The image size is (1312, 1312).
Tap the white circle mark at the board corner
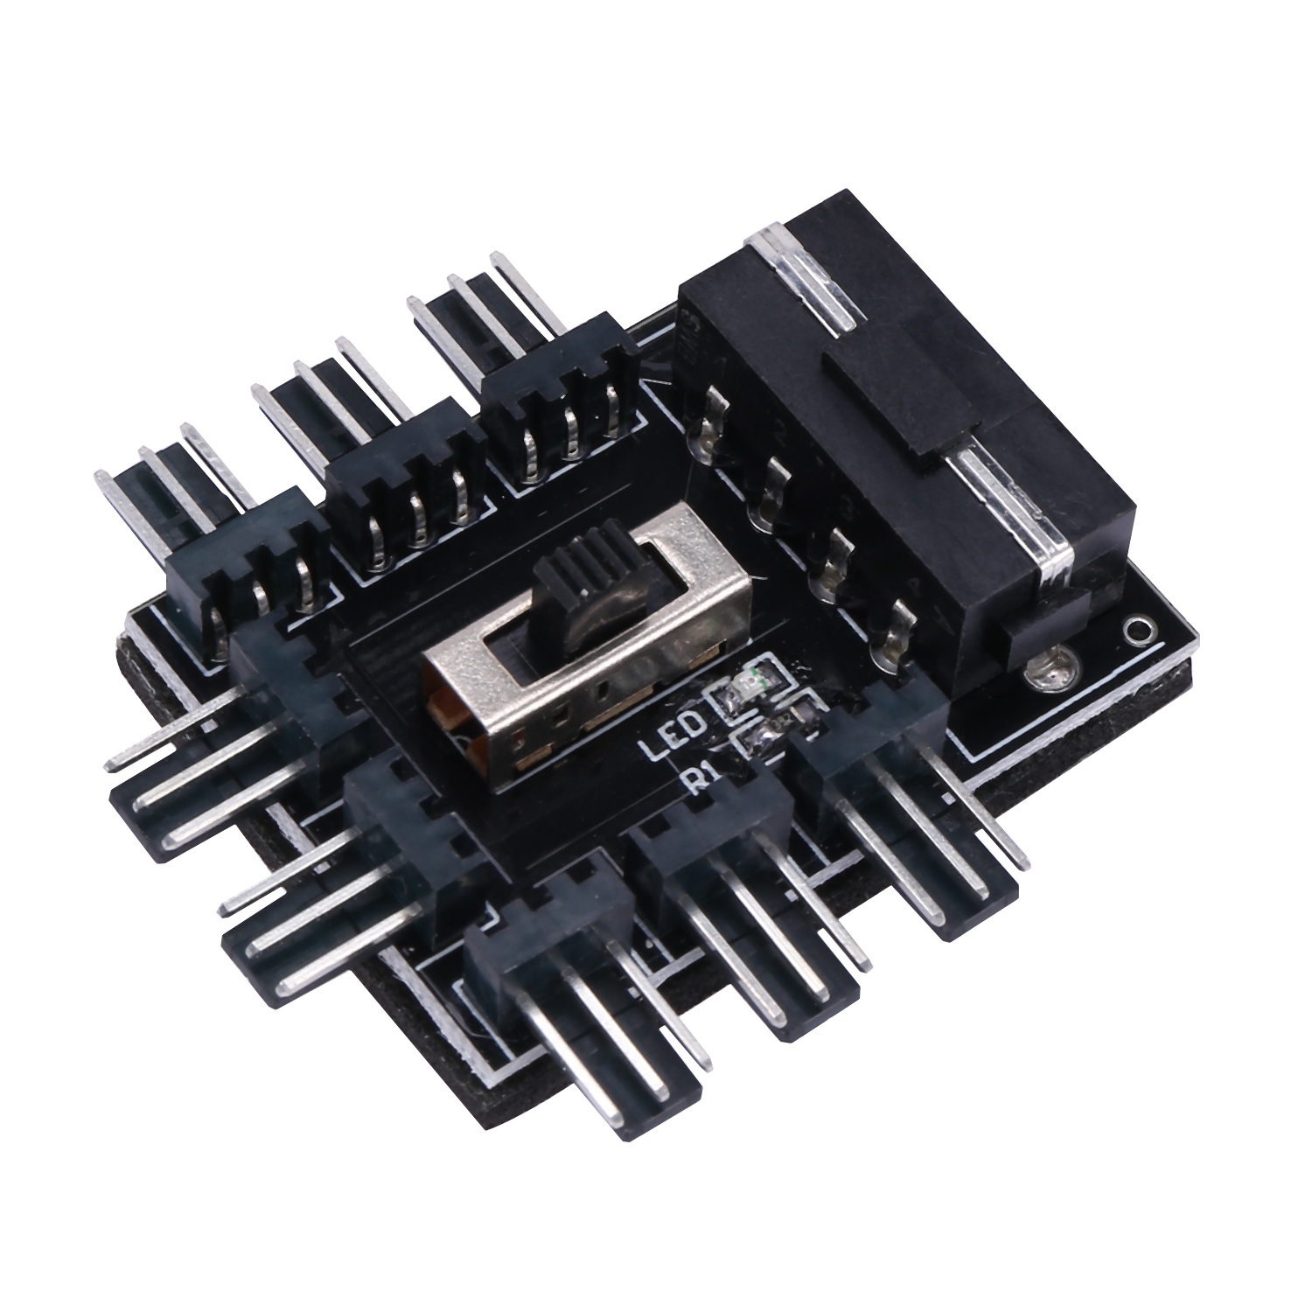[1136, 629]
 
